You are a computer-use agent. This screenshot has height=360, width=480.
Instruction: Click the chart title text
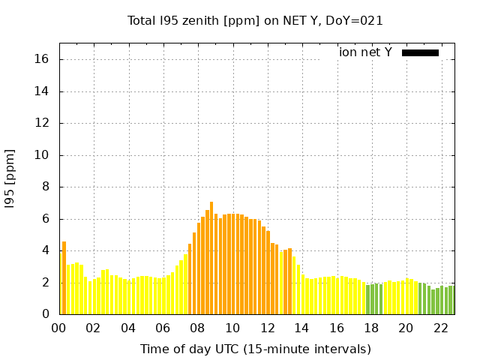point(255,21)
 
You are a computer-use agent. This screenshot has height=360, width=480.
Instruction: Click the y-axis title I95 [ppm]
point(10,178)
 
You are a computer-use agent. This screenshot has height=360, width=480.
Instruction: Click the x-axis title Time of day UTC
point(255,349)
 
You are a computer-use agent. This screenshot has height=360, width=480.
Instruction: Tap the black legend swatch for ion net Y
point(420,52)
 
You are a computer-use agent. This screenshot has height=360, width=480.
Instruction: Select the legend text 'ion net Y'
point(365,52)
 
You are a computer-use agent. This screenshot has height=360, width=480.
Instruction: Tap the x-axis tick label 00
point(58,328)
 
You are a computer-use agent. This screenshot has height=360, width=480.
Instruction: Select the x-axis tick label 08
point(197,328)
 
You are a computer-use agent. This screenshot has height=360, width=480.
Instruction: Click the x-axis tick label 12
point(267,328)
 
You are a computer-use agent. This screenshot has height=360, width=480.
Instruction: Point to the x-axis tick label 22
point(440,328)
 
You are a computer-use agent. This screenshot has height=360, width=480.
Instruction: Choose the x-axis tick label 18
point(371,328)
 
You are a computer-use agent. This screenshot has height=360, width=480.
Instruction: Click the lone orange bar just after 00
point(64,278)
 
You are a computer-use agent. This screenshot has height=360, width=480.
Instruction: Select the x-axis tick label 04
point(128,328)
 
